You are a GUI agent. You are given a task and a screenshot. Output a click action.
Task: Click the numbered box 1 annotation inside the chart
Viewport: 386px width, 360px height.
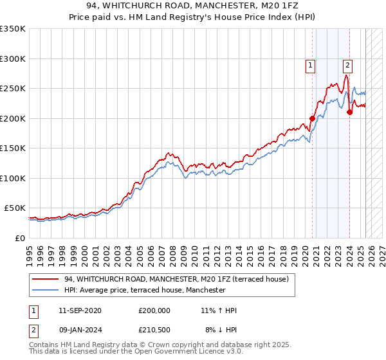[x=311, y=64]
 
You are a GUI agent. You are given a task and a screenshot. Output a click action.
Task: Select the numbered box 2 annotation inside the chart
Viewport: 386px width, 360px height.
[x=347, y=64]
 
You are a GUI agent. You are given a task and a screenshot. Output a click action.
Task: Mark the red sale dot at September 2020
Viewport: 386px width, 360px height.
[x=313, y=118]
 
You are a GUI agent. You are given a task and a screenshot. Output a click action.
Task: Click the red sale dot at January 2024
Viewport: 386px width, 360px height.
[x=349, y=112]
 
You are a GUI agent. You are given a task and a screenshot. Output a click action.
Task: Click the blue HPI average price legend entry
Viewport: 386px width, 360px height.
[x=144, y=290]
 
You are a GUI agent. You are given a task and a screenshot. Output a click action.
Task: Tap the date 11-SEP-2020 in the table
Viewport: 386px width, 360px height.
[x=80, y=310]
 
